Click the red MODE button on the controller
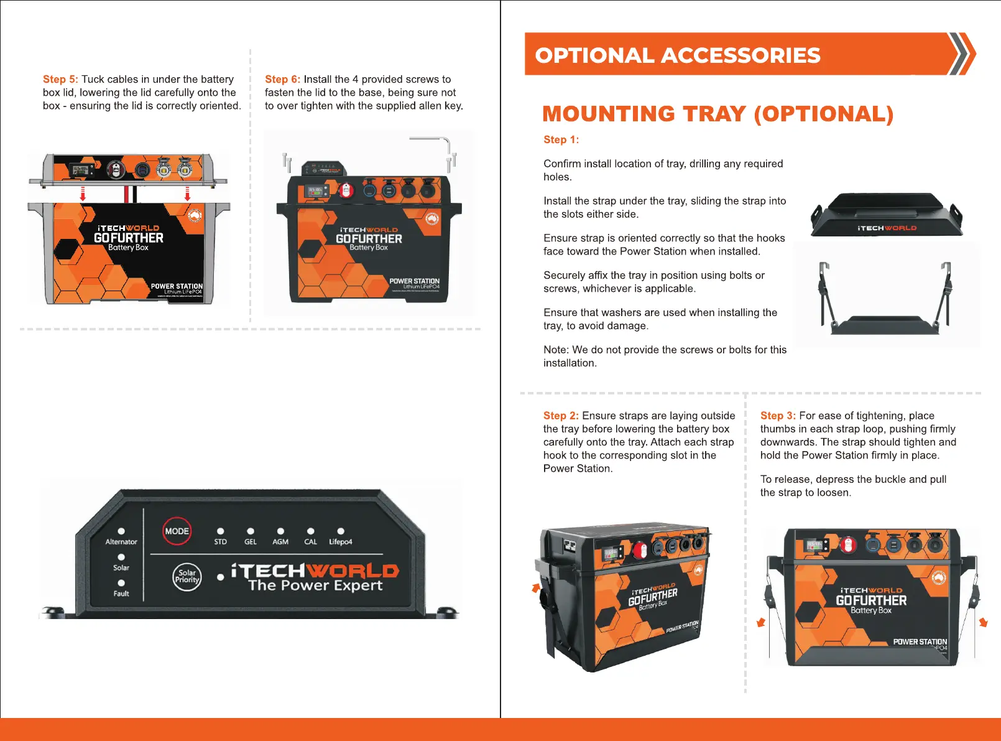tap(177, 531)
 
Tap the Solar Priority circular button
tap(187, 577)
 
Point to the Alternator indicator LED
tap(121, 531)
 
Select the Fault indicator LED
tap(121, 583)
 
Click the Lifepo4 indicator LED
tap(341, 531)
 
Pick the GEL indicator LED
tap(251, 531)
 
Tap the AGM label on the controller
tap(280, 542)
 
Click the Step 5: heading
tap(60, 80)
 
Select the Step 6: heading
tap(282, 80)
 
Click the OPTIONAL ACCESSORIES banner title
tap(678, 55)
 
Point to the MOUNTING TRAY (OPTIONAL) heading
tap(717, 114)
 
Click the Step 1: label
tap(561, 140)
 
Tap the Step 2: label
tap(561, 416)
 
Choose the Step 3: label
tap(778, 416)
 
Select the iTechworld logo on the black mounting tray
tap(887, 228)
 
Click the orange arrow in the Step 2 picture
tap(535, 587)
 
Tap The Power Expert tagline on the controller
tap(315, 585)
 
